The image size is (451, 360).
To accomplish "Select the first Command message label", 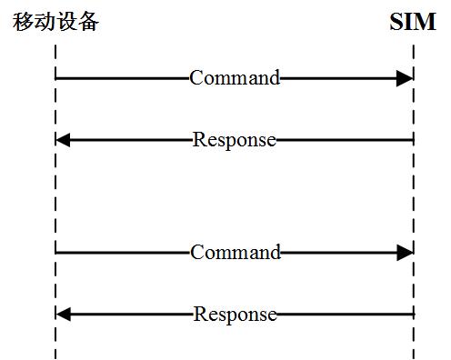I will pos(235,78).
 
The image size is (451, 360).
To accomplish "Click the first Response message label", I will pos(235,140).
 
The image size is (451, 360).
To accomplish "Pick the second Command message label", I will pos(235,252).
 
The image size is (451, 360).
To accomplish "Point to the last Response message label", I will pos(235,315).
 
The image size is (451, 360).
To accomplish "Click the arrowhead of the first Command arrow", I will pos(405,78).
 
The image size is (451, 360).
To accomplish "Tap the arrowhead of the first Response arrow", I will pos(63,140).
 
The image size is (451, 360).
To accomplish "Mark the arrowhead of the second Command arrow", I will pos(405,252).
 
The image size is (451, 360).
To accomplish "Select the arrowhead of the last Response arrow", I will pos(63,315).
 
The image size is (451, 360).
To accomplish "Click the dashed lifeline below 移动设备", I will pos(55,195).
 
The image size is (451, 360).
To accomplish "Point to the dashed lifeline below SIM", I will pos(414,195).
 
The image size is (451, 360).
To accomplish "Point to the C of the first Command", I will pos(195,78).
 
